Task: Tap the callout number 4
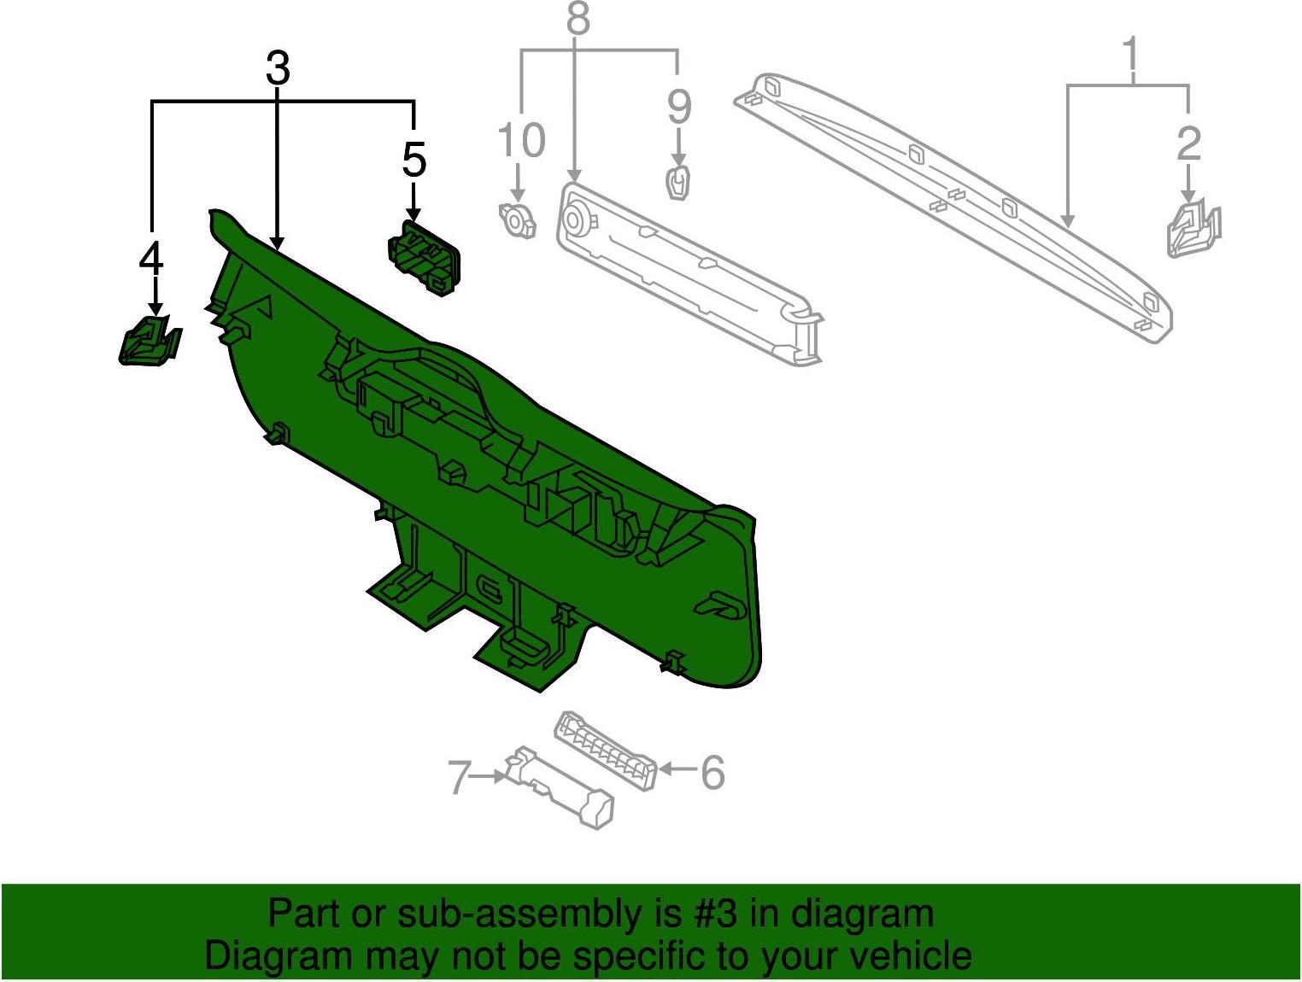[151, 260]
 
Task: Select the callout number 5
[414, 159]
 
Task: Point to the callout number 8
[578, 18]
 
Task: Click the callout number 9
[679, 108]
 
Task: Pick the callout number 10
[521, 140]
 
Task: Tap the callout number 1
[1131, 52]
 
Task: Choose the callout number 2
[1189, 143]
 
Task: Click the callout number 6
[713, 772]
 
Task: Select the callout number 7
[460, 778]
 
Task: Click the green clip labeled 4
[150, 340]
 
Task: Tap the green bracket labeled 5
[424, 258]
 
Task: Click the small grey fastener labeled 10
[517, 220]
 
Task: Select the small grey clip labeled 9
[679, 184]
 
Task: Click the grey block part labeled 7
[559, 788]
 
